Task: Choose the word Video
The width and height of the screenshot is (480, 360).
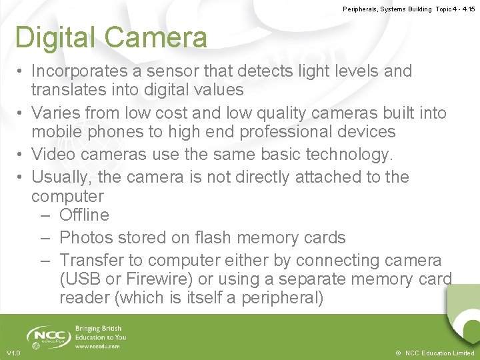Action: (x=54, y=155)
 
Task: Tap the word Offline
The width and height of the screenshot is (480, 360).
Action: (x=84, y=215)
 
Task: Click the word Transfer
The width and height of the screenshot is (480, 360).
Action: (x=94, y=260)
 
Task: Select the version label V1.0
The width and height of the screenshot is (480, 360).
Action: (x=13, y=353)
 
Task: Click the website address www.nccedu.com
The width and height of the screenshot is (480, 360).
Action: (x=97, y=346)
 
